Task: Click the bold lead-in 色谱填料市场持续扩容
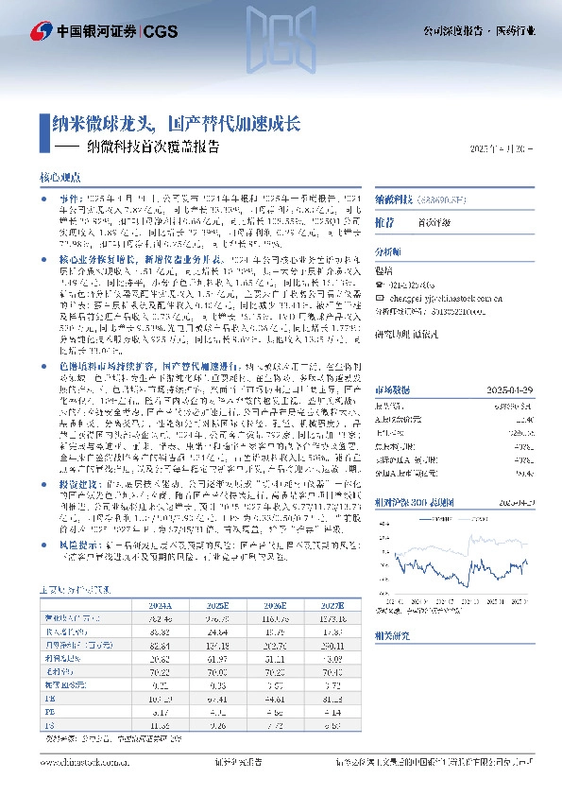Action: coord(104,364)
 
